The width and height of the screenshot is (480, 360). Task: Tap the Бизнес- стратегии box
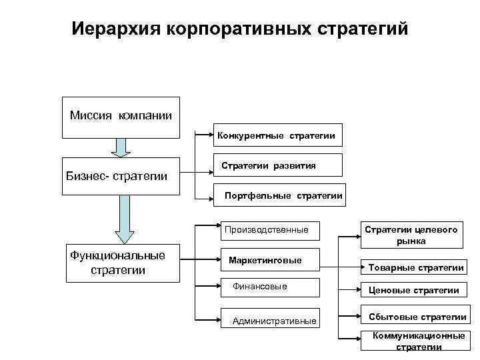[x=121, y=176]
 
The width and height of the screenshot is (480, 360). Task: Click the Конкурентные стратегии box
[x=276, y=135]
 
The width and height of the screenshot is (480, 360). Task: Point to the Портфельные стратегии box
[x=283, y=195]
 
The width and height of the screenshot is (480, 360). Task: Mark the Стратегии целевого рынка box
[x=411, y=235]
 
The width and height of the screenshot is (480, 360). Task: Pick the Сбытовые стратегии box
[x=413, y=316]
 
